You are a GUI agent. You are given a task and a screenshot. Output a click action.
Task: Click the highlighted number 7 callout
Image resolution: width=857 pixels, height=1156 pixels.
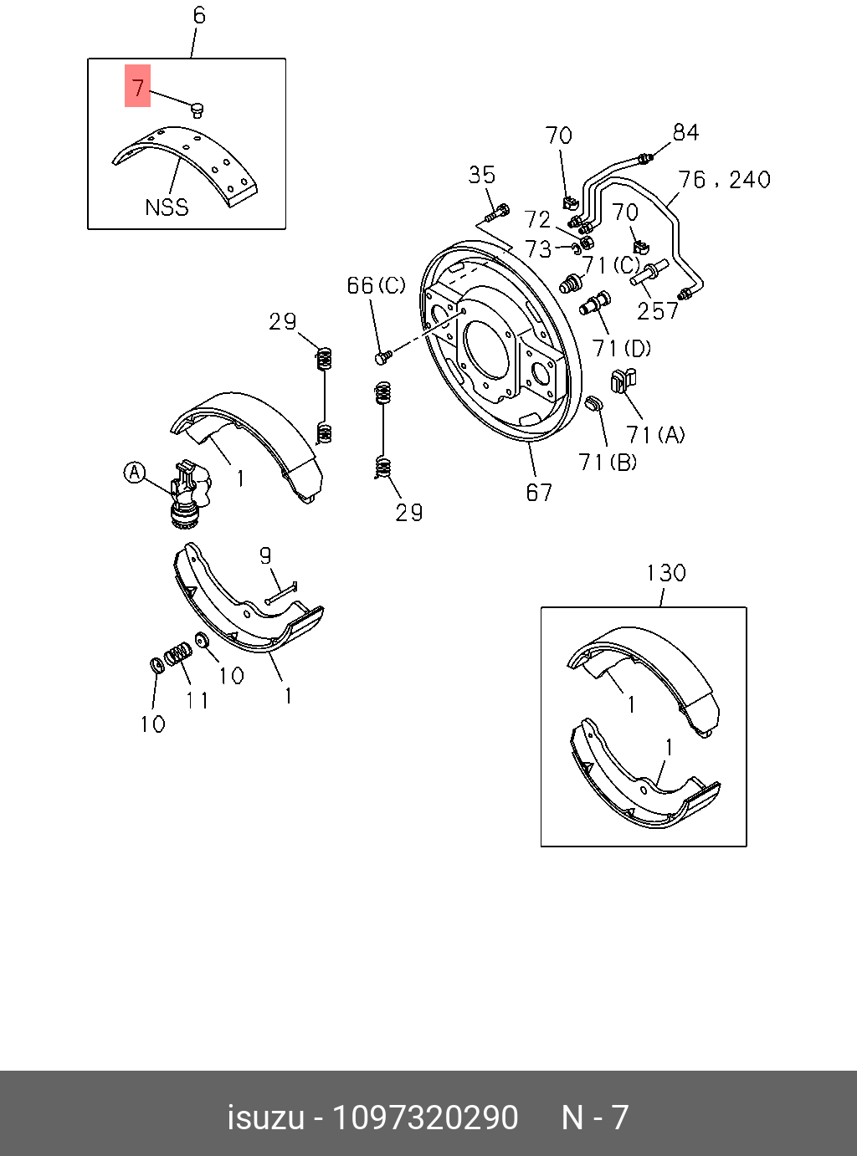point(138,86)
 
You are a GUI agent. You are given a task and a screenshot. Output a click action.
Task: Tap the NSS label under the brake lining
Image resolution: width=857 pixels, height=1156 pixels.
point(167,207)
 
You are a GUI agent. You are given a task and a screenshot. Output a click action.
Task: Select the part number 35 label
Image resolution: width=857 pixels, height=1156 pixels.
point(481,175)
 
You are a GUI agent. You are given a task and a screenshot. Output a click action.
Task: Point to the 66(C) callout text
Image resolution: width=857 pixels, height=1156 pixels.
point(376,286)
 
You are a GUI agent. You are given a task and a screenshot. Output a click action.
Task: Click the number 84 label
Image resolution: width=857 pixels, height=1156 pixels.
point(685,132)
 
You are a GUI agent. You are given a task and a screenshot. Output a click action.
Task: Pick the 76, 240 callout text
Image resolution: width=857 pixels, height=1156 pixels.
point(724,180)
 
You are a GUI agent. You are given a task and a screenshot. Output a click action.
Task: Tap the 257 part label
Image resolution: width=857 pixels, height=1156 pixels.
point(658,311)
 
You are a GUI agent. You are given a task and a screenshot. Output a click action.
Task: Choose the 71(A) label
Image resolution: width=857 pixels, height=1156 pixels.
point(655,434)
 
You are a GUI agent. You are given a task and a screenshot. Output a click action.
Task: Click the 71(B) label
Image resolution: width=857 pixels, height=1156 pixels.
point(608,462)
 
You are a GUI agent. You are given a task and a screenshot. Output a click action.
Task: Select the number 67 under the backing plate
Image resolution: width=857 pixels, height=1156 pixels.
point(539,493)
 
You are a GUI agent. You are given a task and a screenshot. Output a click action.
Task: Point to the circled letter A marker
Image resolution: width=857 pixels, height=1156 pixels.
point(135,473)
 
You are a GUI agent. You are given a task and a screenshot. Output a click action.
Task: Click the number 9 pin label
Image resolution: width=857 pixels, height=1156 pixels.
point(265,556)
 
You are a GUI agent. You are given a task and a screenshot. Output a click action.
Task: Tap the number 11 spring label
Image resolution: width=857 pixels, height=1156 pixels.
point(198,699)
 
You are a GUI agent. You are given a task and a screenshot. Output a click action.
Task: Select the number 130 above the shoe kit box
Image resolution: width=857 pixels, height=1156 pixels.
point(665,573)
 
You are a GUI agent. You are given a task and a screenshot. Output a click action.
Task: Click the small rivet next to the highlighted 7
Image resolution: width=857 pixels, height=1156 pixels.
point(198,109)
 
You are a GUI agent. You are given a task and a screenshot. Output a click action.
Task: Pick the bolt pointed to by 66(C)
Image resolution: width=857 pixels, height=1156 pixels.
point(382,358)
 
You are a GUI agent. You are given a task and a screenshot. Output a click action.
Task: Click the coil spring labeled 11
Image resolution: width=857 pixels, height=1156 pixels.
point(177,653)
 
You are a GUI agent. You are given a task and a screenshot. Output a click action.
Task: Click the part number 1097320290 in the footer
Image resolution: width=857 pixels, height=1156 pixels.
point(425,1118)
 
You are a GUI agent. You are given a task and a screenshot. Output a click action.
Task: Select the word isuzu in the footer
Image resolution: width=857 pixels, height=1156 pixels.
point(265,1118)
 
